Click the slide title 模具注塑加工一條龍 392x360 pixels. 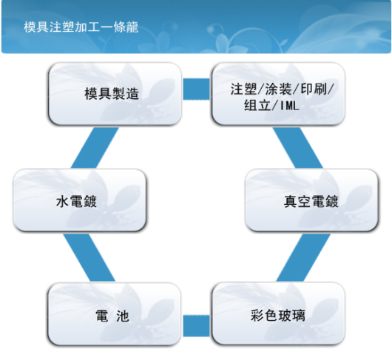click(x=81, y=27)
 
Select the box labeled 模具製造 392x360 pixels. click(x=115, y=94)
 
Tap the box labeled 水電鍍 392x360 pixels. click(x=79, y=200)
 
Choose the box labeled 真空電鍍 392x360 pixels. click(x=311, y=200)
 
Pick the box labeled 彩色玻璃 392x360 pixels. click(x=278, y=313)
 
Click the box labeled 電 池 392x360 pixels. click(x=114, y=314)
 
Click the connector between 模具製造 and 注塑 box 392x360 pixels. click(x=197, y=89)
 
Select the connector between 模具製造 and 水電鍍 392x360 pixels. click(x=95, y=147)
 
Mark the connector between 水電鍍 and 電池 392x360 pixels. click(x=89, y=257)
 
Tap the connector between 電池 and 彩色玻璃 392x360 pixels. click(x=197, y=326)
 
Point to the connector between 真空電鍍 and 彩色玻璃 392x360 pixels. click(x=303, y=257)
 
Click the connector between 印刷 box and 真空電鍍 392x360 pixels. click(x=297, y=147)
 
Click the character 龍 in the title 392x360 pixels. click(x=132, y=27)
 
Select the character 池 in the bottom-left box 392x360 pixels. click(x=122, y=316)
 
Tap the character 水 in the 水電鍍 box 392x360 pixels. click(x=61, y=201)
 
